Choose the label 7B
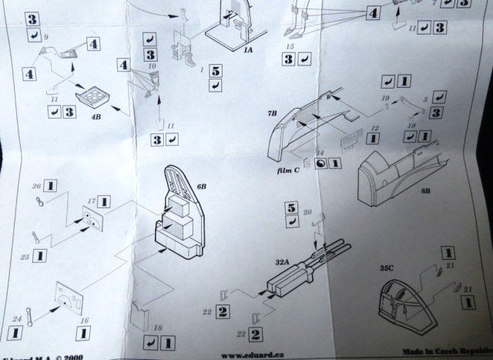pos(272,114)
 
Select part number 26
pos(35,186)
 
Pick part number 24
pos(15,317)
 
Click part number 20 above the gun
pos(307,211)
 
